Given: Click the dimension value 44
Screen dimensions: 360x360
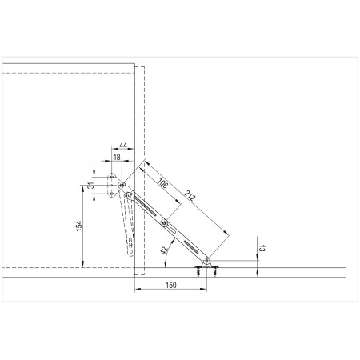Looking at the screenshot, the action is [123, 146].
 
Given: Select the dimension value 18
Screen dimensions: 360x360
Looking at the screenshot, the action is [117, 158].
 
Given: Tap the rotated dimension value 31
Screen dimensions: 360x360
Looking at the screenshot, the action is [91, 186].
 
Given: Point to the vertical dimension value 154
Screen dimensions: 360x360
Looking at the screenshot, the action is [79, 226].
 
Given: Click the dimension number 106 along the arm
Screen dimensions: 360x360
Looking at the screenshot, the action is [162, 183].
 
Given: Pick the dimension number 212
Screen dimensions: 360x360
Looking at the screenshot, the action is [190, 195].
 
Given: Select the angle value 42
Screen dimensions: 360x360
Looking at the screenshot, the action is [164, 250].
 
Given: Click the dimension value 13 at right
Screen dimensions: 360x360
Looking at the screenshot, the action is [262, 248].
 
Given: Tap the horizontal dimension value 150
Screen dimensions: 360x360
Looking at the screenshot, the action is [171, 285].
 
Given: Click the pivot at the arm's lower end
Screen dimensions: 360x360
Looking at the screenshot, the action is [206, 261].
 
